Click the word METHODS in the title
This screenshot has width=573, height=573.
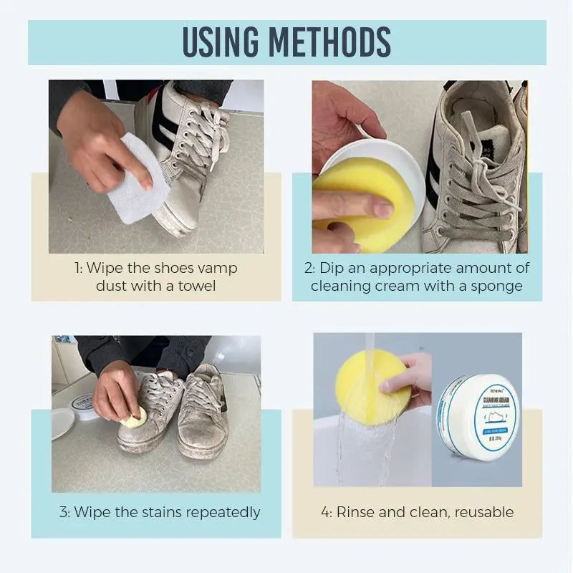340,42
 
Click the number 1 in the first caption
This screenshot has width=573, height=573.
77,268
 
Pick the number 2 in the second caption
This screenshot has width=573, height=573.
308,268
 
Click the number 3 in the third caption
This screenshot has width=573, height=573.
63,512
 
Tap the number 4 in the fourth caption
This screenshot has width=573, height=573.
325,512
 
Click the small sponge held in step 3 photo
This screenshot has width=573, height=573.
135,419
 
